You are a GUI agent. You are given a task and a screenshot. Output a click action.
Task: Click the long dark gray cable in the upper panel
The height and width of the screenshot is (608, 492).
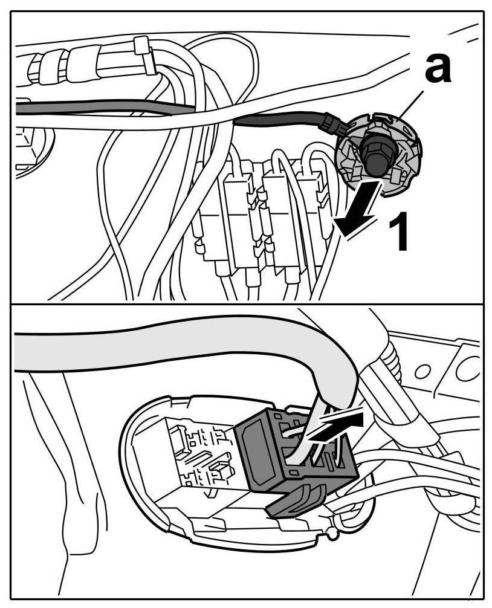click(103, 109)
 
